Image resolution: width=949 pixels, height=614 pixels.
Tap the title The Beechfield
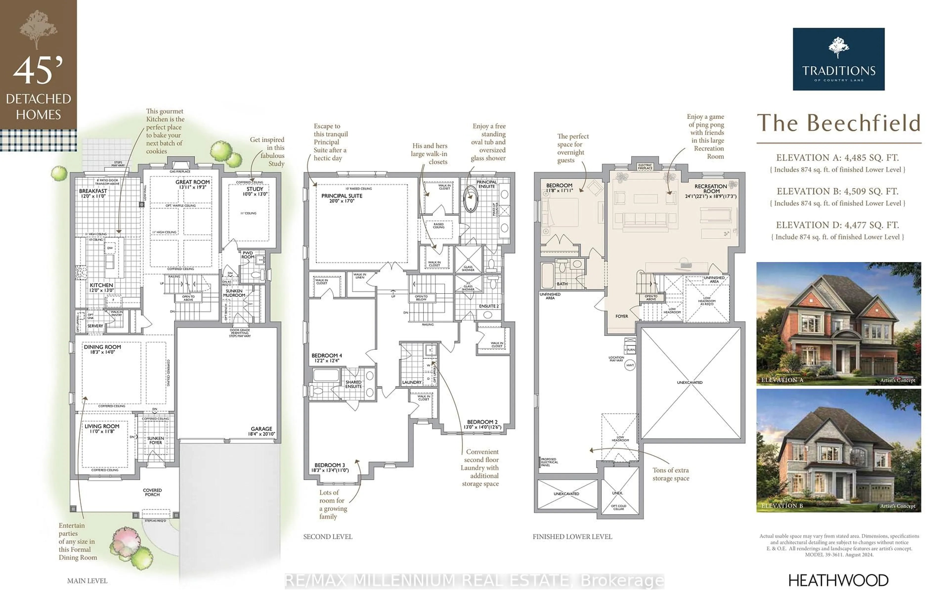838,123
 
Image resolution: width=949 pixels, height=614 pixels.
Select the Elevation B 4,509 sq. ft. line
837,191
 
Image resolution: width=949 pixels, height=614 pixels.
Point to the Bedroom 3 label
330,467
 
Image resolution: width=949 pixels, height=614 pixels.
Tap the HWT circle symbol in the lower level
629,365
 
